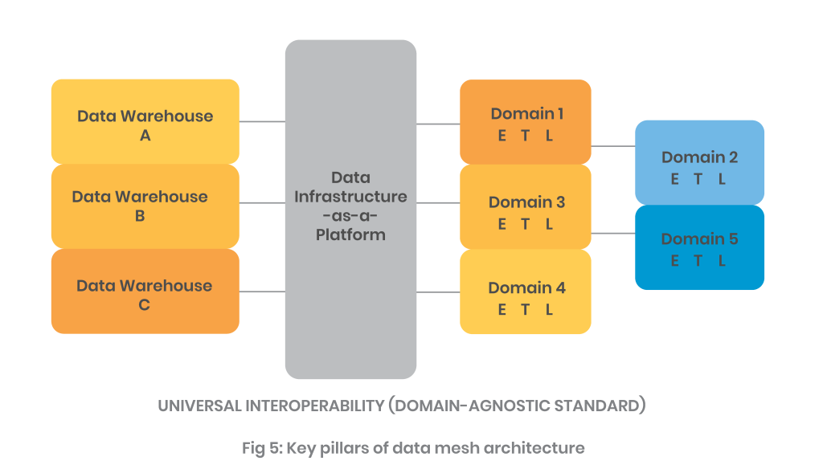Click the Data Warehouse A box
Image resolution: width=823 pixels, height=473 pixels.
click(x=145, y=122)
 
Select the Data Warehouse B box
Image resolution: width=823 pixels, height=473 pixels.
click(x=145, y=206)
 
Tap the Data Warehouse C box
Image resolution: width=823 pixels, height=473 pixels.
click(x=145, y=292)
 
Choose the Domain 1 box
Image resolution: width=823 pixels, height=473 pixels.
click(x=526, y=122)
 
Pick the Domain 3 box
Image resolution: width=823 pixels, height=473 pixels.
click(x=526, y=207)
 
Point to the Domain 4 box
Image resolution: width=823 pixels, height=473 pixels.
click(x=526, y=292)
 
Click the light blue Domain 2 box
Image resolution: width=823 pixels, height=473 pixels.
click(x=699, y=163)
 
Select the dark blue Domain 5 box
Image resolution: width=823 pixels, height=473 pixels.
click(x=699, y=247)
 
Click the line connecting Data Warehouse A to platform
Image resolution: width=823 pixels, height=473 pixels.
click(x=262, y=122)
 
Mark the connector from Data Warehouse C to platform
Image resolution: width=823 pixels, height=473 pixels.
click(x=262, y=292)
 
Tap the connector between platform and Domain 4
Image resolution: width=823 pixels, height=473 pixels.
click(x=438, y=292)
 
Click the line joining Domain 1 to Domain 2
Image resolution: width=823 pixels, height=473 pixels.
click(x=612, y=146)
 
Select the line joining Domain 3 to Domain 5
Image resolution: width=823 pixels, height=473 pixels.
click(x=612, y=233)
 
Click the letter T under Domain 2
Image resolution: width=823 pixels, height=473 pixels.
click(x=698, y=180)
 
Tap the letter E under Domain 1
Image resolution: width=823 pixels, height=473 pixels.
click(x=502, y=137)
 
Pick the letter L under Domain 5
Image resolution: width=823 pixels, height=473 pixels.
click(x=723, y=261)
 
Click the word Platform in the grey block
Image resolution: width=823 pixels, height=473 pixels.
click(x=350, y=235)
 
